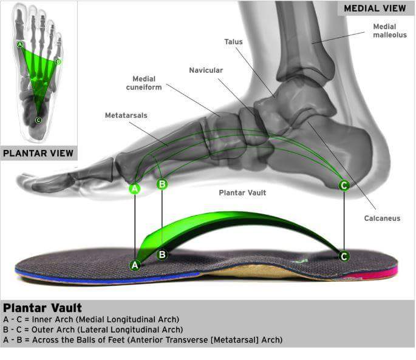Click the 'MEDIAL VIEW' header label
click(374, 8)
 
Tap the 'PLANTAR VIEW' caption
click(39, 153)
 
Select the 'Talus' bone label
click(233, 42)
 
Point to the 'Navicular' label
click(206, 70)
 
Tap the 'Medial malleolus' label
click(385, 31)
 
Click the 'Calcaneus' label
click(382, 218)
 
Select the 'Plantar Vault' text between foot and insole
click(242, 192)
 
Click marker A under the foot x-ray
click(135, 189)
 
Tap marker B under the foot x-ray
click(162, 183)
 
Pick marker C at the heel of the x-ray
click(344, 185)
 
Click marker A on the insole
click(135, 265)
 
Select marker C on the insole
click(344, 256)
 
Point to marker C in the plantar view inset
click(38, 120)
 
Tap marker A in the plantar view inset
click(20, 44)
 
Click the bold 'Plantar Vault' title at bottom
click(43, 308)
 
